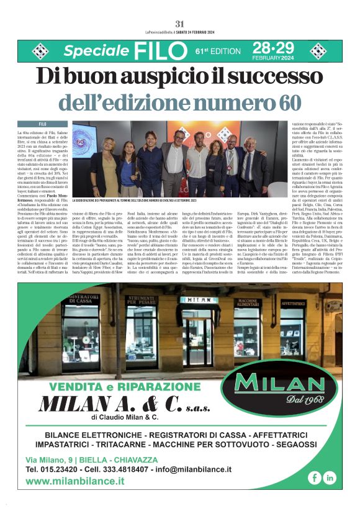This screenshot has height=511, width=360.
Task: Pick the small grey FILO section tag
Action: point(43,124)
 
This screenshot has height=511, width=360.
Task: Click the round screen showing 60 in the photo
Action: point(79,142)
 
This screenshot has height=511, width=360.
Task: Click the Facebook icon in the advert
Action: point(315,477)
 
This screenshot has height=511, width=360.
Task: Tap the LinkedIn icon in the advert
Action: point(330,477)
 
